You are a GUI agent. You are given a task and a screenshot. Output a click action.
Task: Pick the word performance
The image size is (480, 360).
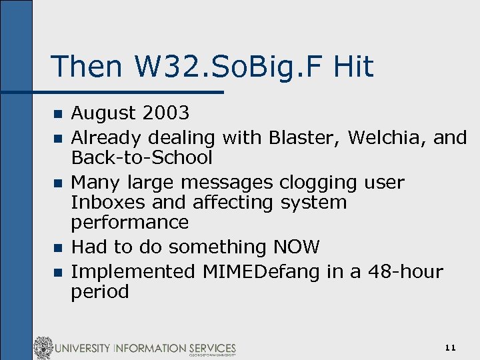130,222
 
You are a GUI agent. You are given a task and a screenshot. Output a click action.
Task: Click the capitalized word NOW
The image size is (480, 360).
297,247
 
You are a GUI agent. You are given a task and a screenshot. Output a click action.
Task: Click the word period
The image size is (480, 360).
100,291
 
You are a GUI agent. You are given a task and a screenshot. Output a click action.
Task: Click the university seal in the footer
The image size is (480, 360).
43,348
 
